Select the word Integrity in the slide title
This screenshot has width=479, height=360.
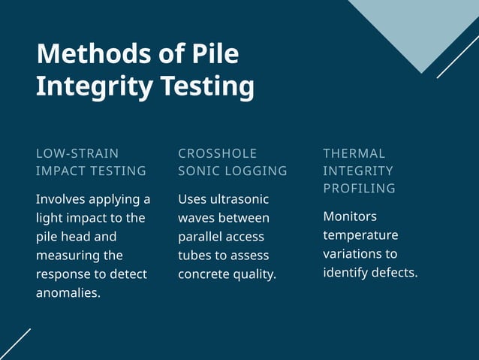tap(85, 86)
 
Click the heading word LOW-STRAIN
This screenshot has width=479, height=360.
tap(77, 153)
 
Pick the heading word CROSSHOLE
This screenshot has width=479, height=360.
tap(217, 153)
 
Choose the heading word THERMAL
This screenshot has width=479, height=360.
tap(354, 153)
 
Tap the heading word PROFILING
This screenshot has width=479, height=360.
tap(359, 189)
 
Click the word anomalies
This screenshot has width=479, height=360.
tap(68, 293)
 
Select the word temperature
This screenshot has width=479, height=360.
tap(360, 235)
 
